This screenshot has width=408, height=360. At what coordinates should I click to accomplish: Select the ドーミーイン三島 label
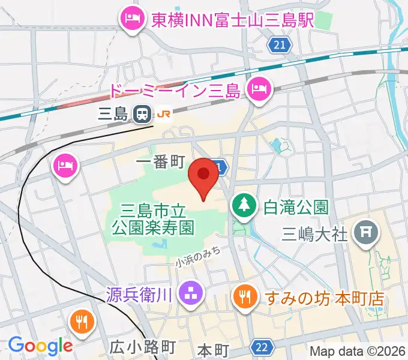pyautogui.click(x=175, y=91)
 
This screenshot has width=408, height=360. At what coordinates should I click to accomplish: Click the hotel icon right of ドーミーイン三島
pyautogui.click(x=260, y=90)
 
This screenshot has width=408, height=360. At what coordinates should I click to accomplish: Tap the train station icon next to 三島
pyautogui.click(x=142, y=113)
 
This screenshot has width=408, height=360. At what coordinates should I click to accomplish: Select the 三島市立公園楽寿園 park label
pyautogui.click(x=155, y=219)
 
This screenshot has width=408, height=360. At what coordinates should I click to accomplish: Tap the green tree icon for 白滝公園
pyautogui.click(x=244, y=208)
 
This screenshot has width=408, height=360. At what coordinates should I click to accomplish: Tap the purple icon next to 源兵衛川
pyautogui.click(x=194, y=293)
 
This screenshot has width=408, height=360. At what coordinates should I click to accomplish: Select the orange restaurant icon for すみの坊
pyautogui.click(x=244, y=296)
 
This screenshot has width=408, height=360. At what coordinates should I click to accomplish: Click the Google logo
pyautogui.click(x=40, y=346)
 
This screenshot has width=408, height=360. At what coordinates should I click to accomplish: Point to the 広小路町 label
pyautogui.click(x=142, y=347)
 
